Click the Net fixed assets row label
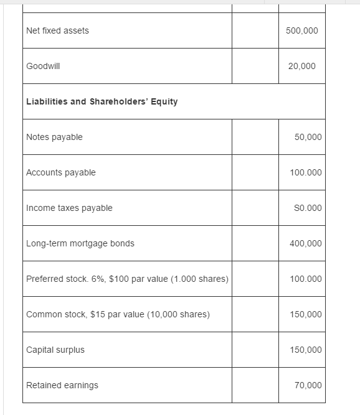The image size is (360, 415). click(57, 30)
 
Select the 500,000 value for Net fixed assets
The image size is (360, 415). click(301, 30)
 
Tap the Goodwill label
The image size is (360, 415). click(43, 66)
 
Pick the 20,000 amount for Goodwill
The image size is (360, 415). click(301, 66)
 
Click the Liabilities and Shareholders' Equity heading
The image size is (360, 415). click(102, 101)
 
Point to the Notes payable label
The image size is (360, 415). click(54, 137)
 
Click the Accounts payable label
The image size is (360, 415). click(61, 172)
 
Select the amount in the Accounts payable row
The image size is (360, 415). click(306, 172)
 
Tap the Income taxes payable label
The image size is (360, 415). click(69, 208)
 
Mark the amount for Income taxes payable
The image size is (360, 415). click(306, 208)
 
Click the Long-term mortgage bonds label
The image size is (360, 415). click(80, 243)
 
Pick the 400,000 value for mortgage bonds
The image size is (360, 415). click(306, 243)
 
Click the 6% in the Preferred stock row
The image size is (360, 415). click(98, 279)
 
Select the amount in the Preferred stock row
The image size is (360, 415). click(306, 279)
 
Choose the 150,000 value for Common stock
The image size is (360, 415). click(306, 314)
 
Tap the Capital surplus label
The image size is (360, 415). click(55, 350)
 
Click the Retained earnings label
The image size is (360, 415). click(62, 385)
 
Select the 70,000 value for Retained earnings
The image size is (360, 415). click(308, 385)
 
